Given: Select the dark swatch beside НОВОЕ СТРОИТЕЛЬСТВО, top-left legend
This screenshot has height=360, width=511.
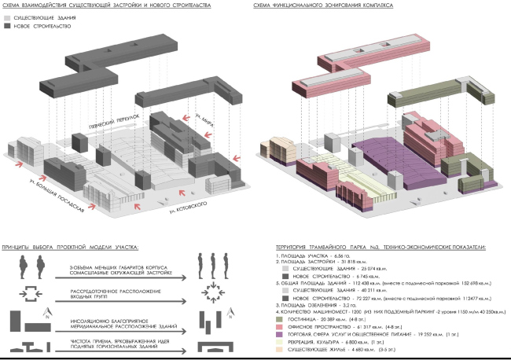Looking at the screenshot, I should [8, 26].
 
